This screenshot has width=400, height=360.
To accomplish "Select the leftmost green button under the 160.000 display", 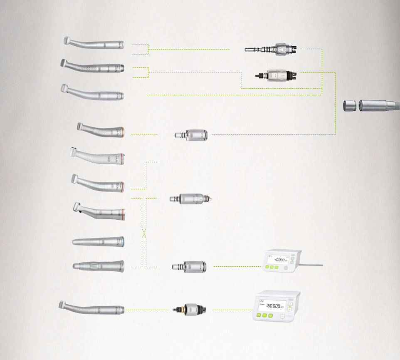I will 259,316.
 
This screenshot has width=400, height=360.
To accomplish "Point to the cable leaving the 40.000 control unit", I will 309,265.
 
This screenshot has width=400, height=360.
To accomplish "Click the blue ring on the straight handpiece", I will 122,241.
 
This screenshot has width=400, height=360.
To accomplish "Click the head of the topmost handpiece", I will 67,40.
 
